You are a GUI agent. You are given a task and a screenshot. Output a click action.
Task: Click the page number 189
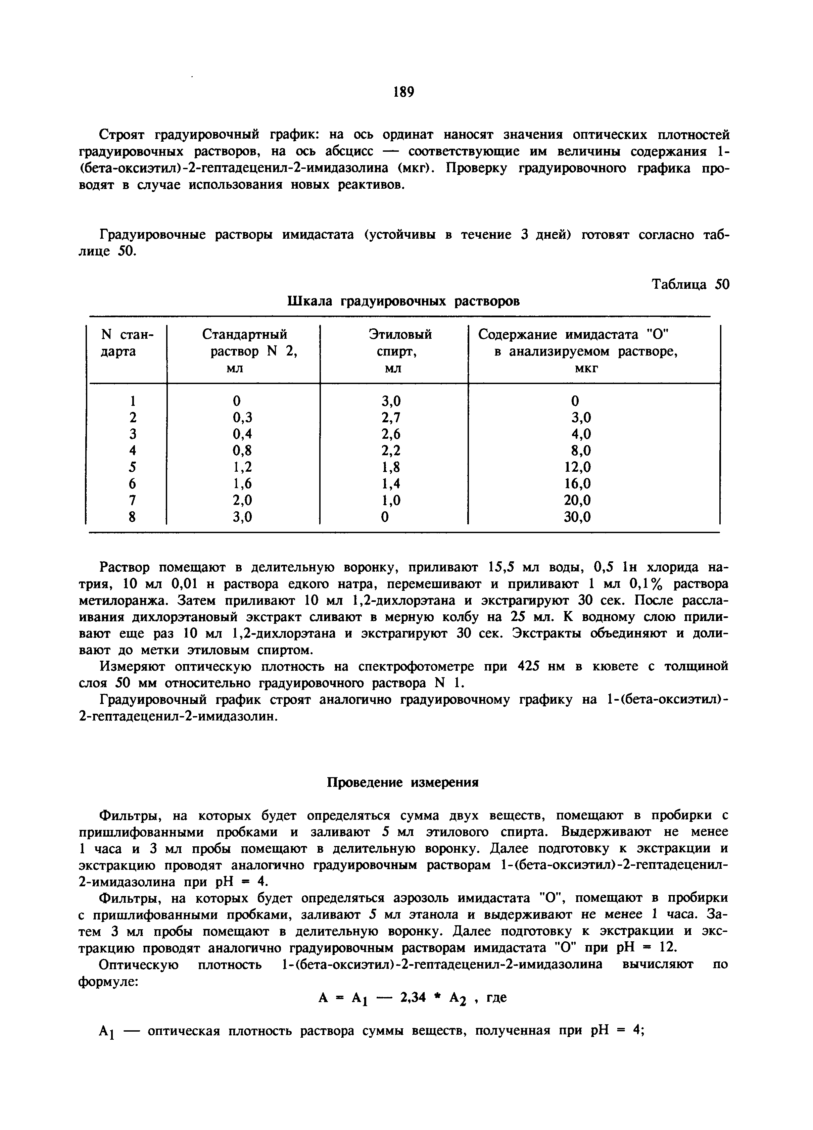[x=403, y=92]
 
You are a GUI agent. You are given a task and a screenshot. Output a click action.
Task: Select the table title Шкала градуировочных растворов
[x=403, y=301]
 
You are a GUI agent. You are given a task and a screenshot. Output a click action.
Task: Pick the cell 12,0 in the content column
[x=577, y=467]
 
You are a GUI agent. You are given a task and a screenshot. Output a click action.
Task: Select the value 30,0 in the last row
[x=577, y=518]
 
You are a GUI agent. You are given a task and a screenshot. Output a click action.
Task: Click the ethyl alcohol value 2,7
[x=391, y=417]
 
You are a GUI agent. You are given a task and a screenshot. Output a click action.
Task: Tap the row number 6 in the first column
[x=133, y=484]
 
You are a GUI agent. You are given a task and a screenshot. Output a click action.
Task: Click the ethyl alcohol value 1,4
[x=391, y=484]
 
